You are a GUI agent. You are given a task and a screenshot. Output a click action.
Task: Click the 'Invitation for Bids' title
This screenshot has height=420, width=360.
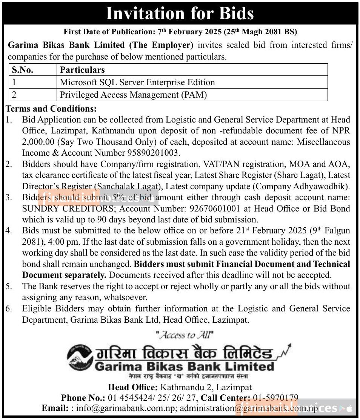[180, 14]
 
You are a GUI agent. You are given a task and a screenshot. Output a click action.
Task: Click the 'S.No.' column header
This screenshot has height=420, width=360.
[22, 70]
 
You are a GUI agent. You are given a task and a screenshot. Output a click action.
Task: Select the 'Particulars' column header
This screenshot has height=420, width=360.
[82, 70]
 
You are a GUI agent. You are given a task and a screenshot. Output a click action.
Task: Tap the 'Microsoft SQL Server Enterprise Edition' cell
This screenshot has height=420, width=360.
[137, 82]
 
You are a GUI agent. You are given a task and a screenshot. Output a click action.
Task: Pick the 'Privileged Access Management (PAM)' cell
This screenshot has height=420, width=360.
[134, 95]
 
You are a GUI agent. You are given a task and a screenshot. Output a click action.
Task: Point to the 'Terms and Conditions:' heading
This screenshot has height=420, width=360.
[51, 109]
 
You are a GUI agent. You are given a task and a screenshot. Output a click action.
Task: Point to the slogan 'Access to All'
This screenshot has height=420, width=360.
[185, 335]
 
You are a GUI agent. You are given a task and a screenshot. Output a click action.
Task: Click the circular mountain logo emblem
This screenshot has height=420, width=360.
[80, 358]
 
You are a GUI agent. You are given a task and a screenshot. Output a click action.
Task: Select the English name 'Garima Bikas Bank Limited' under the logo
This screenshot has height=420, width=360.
[185, 366]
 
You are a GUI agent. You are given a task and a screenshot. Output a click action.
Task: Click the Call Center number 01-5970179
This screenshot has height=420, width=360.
[275, 398]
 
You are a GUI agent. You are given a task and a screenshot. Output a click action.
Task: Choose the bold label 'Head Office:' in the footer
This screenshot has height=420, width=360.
[133, 387]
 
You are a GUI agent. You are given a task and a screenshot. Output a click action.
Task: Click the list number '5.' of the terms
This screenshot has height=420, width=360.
[9, 286]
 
